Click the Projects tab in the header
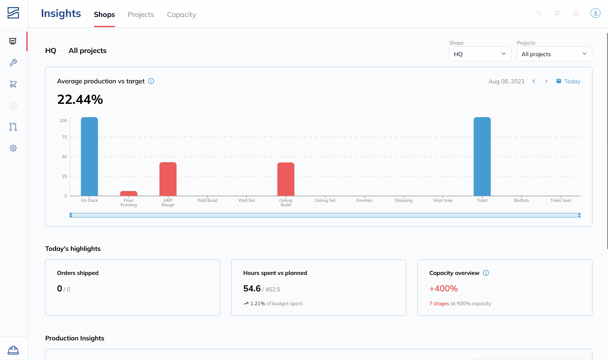click(141, 14)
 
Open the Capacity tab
click(181, 14)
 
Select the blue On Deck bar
click(89, 156)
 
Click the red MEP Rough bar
click(168, 179)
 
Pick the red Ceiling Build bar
click(286, 179)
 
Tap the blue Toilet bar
click(482, 156)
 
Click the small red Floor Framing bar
click(129, 193)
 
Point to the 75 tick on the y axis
click(64, 137)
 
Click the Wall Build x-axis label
click(207, 200)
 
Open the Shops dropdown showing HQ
click(480, 54)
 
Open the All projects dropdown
click(554, 54)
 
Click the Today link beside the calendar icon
click(572, 82)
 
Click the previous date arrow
click(534, 81)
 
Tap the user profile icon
click(595, 13)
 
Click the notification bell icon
click(575, 13)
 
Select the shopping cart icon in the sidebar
click(13, 84)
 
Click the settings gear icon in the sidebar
click(13, 148)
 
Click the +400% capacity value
click(444, 288)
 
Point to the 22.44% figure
click(80, 99)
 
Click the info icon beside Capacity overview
click(486, 273)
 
